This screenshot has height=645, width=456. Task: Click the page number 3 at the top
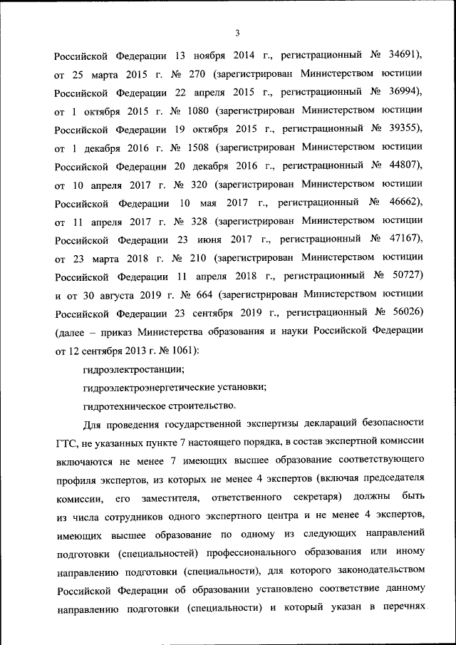point(237,32)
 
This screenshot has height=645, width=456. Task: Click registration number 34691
point(405,54)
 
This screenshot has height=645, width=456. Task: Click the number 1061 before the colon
point(182,350)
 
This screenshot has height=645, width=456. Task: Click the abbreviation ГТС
point(66,442)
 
